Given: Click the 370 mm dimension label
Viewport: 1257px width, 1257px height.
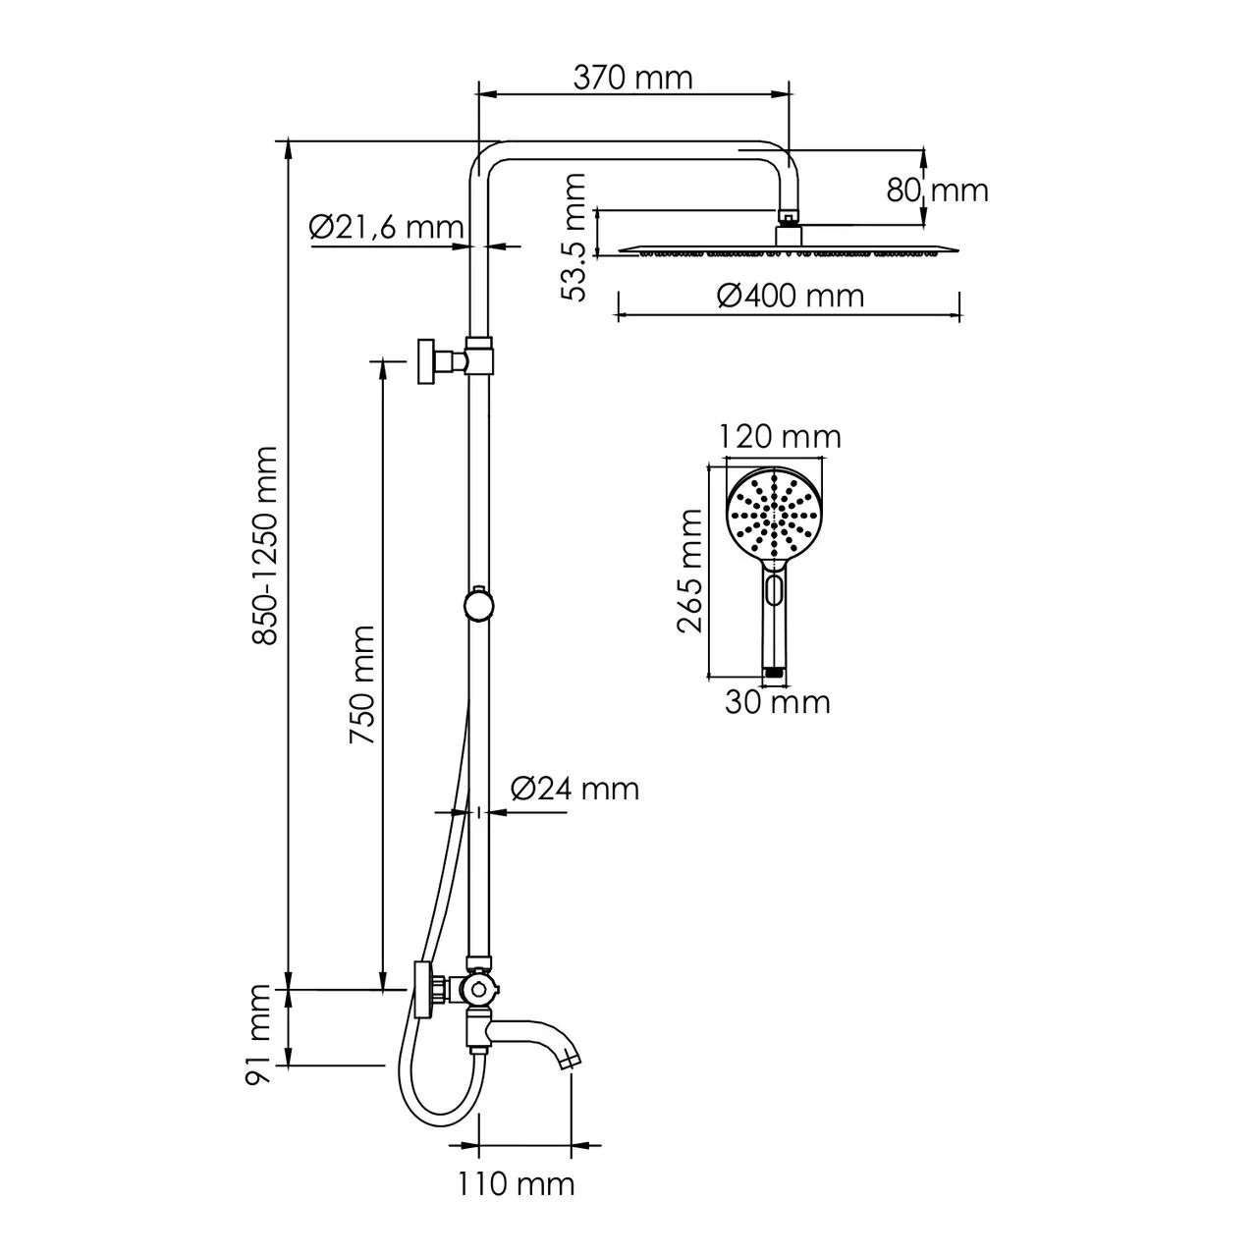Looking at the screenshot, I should coord(633,78).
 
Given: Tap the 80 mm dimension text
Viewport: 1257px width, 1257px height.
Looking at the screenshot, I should coord(938,190).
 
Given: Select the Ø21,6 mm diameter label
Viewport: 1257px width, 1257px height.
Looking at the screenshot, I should coord(385,228).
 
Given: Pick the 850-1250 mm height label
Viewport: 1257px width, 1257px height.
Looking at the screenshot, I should coord(265,545).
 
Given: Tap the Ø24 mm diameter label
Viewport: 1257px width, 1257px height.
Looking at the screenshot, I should coord(574,789).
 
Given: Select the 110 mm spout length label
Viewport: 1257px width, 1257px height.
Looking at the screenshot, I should coord(516,1183).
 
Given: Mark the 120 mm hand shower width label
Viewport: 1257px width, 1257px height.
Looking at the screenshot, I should coord(780,436).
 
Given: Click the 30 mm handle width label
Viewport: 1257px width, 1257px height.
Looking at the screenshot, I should coord(778,702).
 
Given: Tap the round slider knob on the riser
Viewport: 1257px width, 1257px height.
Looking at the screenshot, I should coord(479,604).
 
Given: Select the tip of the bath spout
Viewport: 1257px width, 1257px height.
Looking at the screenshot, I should coord(571,1061).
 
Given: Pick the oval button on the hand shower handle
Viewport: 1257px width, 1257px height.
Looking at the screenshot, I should coord(774,592).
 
